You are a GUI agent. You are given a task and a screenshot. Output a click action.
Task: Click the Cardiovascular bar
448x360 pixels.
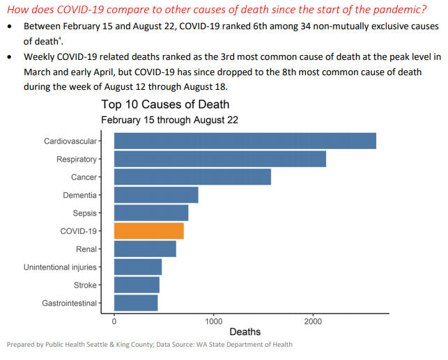pyautogui.click(x=245, y=141)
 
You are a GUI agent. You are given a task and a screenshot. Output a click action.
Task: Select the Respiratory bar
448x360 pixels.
pyautogui.click(x=219, y=159)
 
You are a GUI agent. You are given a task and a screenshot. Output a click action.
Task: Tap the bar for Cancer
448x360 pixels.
pyautogui.click(x=192, y=177)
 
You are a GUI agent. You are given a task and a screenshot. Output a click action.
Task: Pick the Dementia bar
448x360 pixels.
pyautogui.click(x=156, y=195)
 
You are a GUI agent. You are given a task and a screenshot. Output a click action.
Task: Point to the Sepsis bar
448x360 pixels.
pyautogui.click(x=151, y=213)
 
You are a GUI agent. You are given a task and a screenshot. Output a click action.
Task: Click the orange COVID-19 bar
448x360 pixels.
pyautogui.click(x=148, y=230)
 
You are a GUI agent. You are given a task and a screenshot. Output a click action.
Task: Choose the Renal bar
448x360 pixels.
pyautogui.click(x=145, y=249)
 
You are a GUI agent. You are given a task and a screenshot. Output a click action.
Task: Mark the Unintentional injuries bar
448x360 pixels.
pyautogui.click(x=138, y=267)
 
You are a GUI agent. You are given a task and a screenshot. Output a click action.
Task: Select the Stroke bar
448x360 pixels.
pyautogui.click(x=137, y=285)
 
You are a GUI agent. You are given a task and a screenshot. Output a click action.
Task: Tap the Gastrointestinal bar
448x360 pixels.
pyautogui.click(x=136, y=303)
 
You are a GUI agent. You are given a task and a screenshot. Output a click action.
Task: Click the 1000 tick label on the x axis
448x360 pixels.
pyautogui.click(x=214, y=321)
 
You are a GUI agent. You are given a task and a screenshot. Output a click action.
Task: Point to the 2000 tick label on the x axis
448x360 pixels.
pyautogui.click(x=313, y=321)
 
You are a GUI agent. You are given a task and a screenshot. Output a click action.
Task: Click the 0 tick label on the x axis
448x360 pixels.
pyautogui.click(x=114, y=321)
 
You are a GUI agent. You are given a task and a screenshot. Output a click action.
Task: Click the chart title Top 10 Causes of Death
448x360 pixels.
pyautogui.click(x=165, y=105)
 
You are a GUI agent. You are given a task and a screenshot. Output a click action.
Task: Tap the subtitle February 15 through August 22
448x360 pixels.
pyautogui.click(x=169, y=120)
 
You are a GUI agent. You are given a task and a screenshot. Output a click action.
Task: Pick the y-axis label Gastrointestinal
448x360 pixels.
pyautogui.click(x=70, y=303)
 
